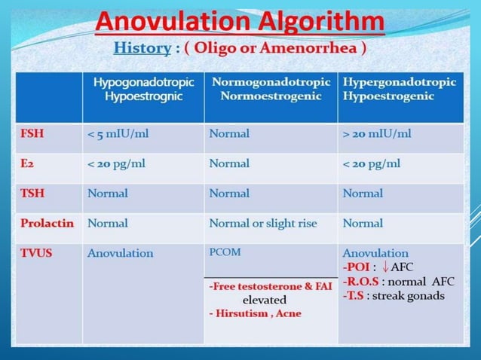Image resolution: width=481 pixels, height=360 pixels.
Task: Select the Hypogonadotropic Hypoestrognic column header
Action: tap(143, 89)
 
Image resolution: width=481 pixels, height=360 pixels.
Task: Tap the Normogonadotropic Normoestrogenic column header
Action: tap(271, 89)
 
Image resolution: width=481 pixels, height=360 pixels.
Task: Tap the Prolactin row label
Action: tap(44, 223)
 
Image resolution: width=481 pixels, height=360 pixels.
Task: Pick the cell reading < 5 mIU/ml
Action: tap(122, 134)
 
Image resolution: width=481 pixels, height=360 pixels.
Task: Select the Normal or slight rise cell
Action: tap(263, 223)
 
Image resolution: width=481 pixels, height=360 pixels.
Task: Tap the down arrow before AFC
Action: tap(385, 267)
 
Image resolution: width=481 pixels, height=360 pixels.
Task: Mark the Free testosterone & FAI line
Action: tap(270, 286)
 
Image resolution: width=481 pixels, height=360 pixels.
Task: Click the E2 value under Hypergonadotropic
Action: tap(371, 163)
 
